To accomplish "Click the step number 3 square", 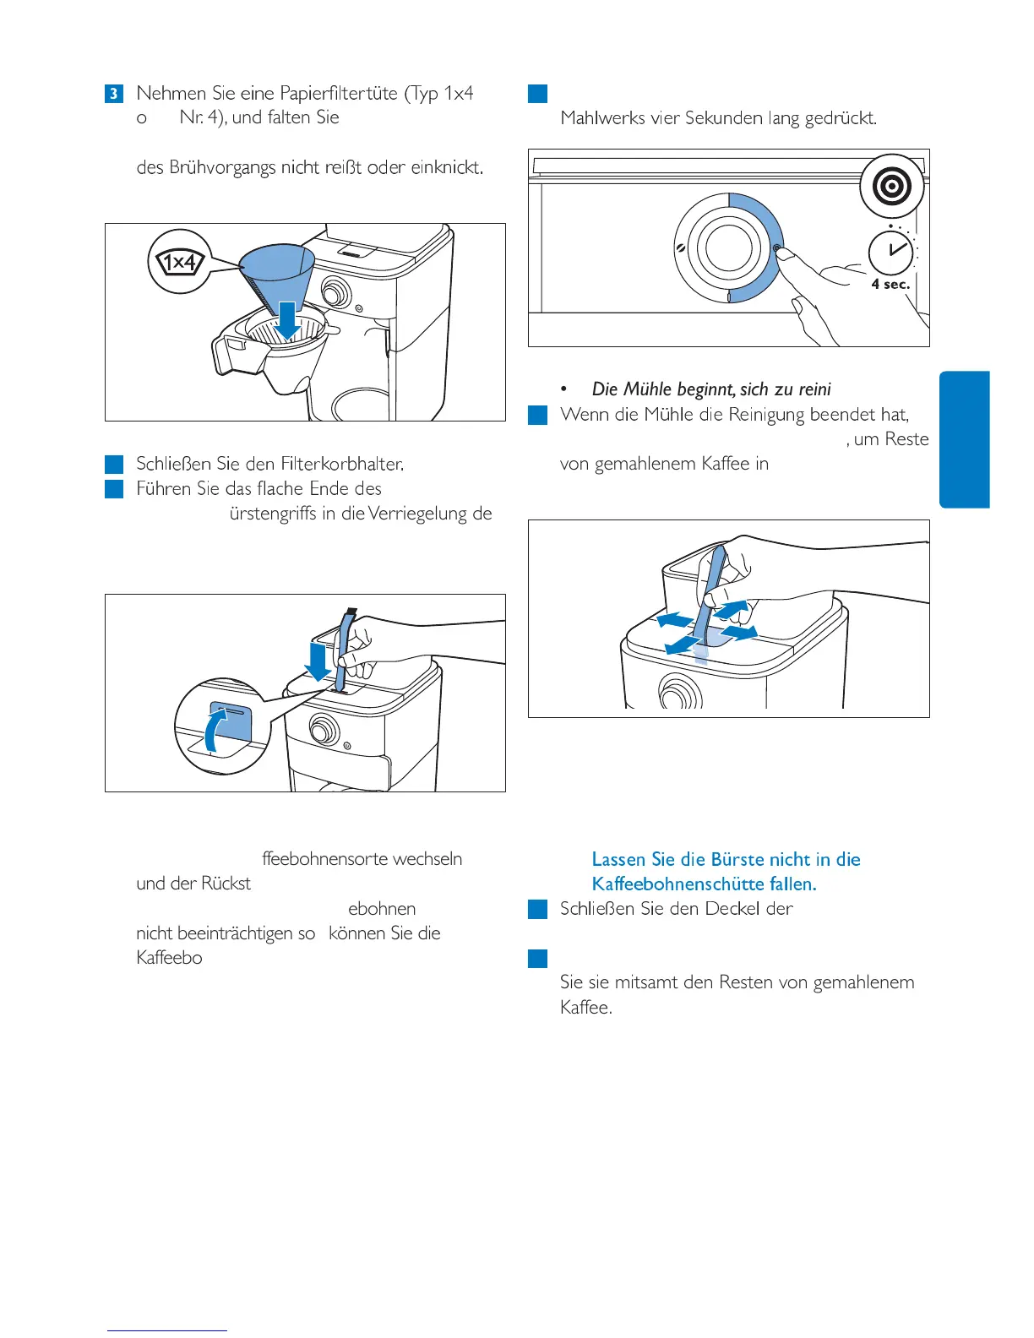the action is (x=114, y=93).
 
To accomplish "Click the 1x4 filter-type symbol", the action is (x=180, y=262).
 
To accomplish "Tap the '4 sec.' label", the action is (x=890, y=285).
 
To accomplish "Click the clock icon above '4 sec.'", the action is (x=892, y=252).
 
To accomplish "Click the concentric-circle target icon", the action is (x=892, y=187).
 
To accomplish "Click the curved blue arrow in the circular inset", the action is (x=215, y=728).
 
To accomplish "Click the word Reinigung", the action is (x=767, y=415).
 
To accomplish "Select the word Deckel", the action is (x=738, y=909).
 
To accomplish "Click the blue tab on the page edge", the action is (x=964, y=439).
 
